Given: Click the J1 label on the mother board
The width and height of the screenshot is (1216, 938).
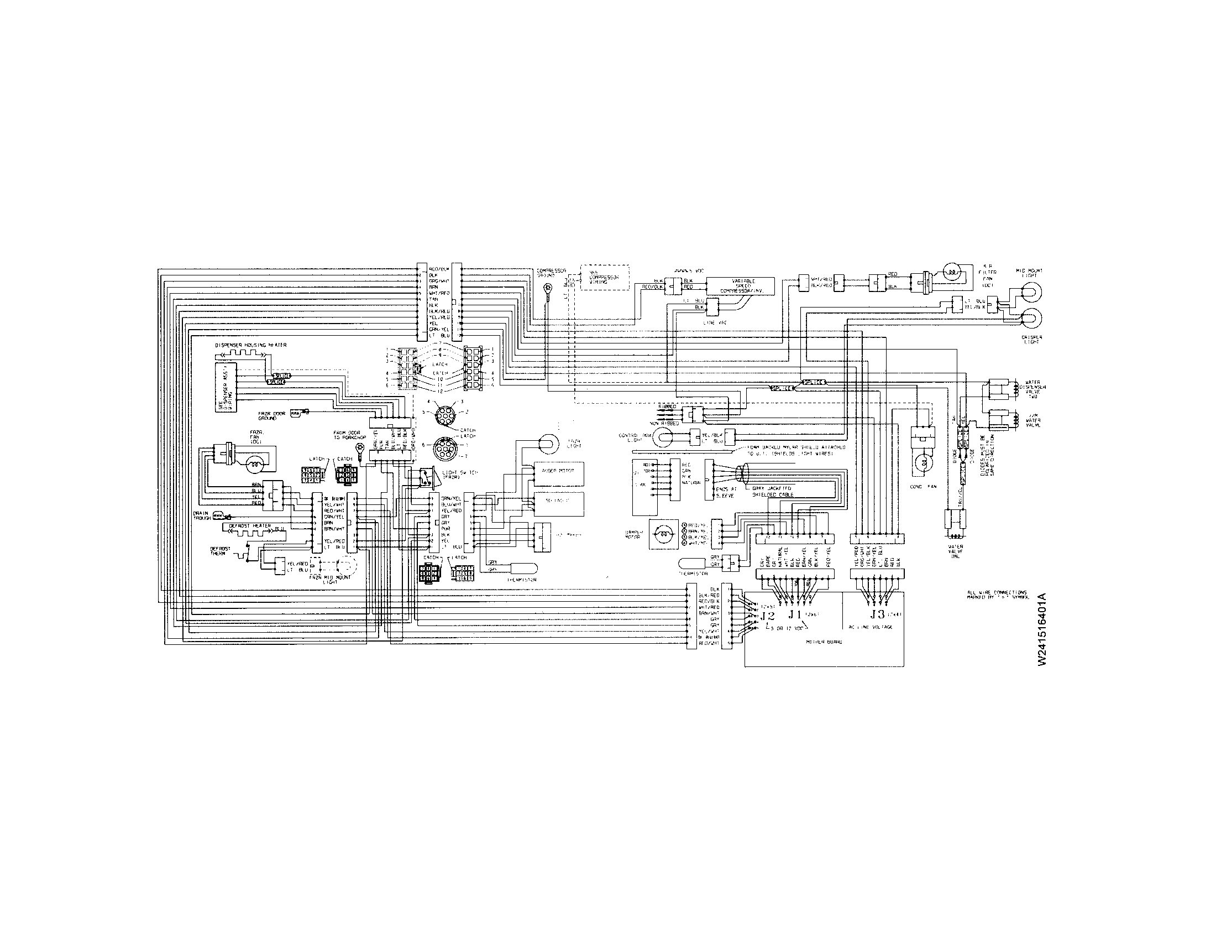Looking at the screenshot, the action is [793, 614].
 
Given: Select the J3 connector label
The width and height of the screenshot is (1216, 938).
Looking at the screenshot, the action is [877, 614].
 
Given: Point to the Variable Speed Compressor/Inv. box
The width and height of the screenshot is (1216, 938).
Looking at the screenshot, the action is [740, 286].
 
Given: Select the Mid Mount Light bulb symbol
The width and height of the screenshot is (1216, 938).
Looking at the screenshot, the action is [1029, 292].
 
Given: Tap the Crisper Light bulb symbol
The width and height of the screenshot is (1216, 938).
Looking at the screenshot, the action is [1029, 319].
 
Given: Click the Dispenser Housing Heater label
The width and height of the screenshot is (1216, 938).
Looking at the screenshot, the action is [250, 345].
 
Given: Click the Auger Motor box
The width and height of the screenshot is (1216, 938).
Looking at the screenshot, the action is [558, 471].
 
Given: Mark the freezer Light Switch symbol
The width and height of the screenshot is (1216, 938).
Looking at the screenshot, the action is [426, 476].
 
